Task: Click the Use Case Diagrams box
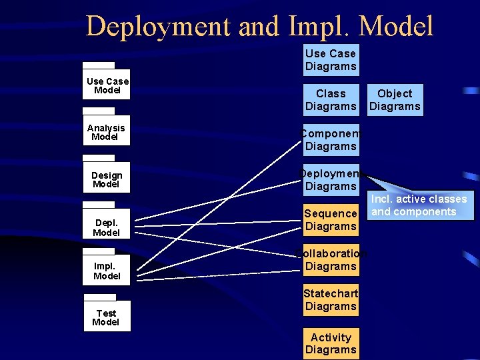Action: coord(331,60)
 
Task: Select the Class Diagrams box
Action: coord(331,100)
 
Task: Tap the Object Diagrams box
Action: coord(395,100)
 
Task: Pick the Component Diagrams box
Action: coord(331,140)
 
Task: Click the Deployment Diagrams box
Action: coord(331,180)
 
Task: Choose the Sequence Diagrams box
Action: coord(331,220)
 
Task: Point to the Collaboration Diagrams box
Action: coord(331,260)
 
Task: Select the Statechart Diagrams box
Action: coord(331,300)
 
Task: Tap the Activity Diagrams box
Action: coord(331,343)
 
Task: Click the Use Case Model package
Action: coord(106,85)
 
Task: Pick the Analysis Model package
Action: coord(106,132)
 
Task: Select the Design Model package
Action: coord(106,179)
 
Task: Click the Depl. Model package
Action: coord(106,227)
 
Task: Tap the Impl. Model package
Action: coord(106,271)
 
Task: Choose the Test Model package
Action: coord(106,317)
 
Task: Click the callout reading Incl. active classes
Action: coord(419,205)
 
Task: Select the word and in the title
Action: coord(259,27)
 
